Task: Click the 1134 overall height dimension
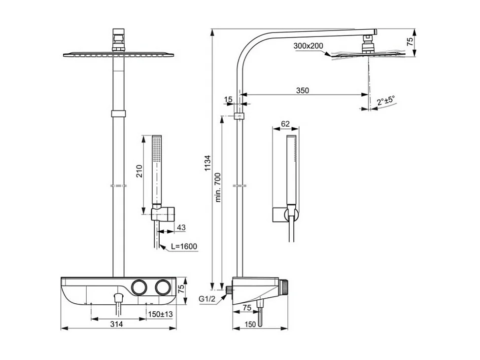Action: tap(208, 163)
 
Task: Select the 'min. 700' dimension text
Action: tap(218, 187)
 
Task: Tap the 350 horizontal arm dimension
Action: tap(303, 90)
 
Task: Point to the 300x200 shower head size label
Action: tap(308, 46)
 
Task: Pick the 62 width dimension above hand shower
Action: tap(285, 124)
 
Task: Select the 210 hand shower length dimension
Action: tap(139, 171)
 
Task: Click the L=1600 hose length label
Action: tap(184, 246)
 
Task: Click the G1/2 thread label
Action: tap(207, 299)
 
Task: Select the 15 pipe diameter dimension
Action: tap(228, 100)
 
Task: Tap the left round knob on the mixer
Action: tap(139, 287)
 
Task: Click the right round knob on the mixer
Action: tap(162, 287)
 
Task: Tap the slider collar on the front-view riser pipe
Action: tap(118, 113)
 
